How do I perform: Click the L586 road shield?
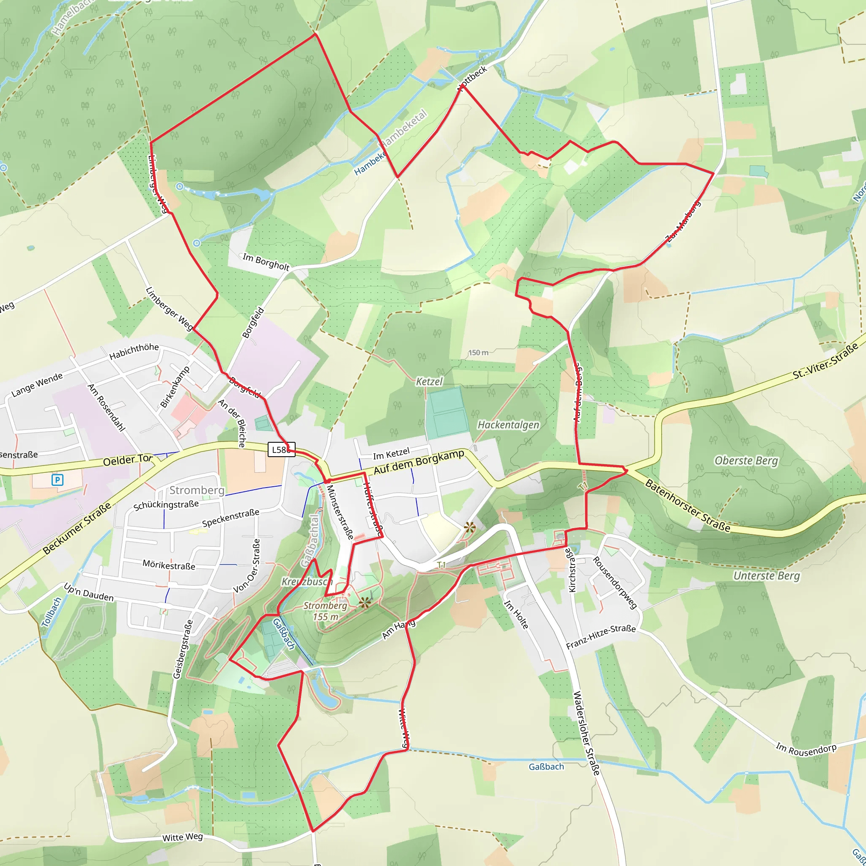pos(281,449)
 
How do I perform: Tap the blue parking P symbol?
pos(58,480)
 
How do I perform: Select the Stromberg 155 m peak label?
pos(326,611)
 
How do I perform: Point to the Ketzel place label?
pos(429,381)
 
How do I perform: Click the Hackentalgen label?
pos(508,425)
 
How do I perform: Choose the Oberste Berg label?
pos(746,461)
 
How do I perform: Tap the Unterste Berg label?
pos(767,576)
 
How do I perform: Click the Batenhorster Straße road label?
pos(687,506)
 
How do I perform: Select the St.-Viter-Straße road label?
pos(825,361)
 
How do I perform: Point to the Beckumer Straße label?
pos(77,529)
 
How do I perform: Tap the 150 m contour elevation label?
pos(478,353)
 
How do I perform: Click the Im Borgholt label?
pos(266,261)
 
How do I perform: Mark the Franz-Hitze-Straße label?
pos(600,637)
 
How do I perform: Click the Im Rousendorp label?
pos(806,749)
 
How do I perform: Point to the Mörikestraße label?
pos(169,565)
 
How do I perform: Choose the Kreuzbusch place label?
pos(307,582)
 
